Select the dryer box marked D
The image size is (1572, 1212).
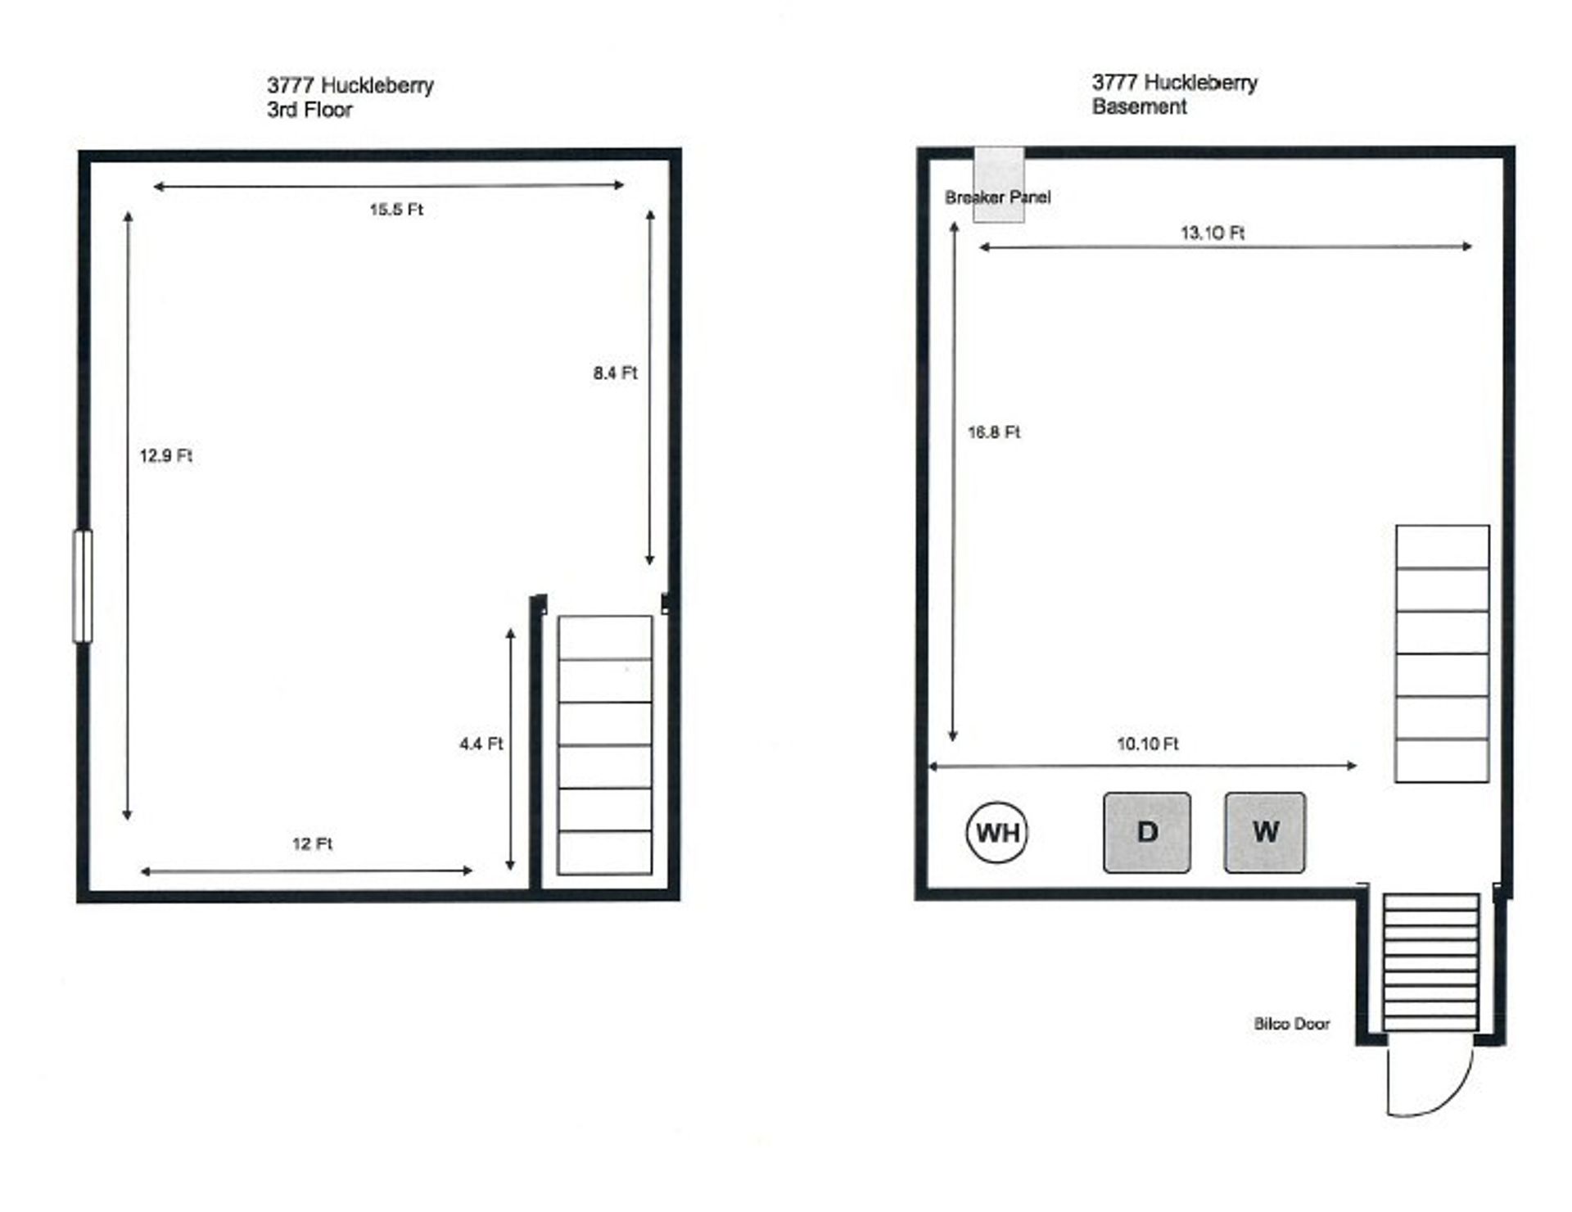pos(1146,832)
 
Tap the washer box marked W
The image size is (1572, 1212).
pos(1265,832)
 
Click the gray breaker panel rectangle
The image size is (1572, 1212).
pos(998,184)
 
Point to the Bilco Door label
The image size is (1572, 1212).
pos(1291,1024)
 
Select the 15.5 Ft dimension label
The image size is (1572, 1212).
pos(395,210)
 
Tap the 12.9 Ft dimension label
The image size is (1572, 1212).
pos(165,455)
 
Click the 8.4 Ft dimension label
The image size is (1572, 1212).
pos(615,373)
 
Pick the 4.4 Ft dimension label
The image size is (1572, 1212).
pos(481,744)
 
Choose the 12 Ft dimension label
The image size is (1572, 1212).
pos(312,843)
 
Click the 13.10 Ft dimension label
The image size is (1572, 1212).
pos(1212,233)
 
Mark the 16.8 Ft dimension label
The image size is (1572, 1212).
pos(994,432)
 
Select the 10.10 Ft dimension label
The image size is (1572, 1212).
pos(1148,744)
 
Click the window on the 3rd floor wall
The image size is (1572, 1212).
pos(83,586)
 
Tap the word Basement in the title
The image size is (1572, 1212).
pos(1139,106)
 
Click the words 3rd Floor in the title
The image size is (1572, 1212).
pos(309,110)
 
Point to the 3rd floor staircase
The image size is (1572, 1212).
pos(605,745)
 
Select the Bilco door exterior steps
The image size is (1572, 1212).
pos(1431,962)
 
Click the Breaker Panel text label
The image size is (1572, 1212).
pos(997,197)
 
